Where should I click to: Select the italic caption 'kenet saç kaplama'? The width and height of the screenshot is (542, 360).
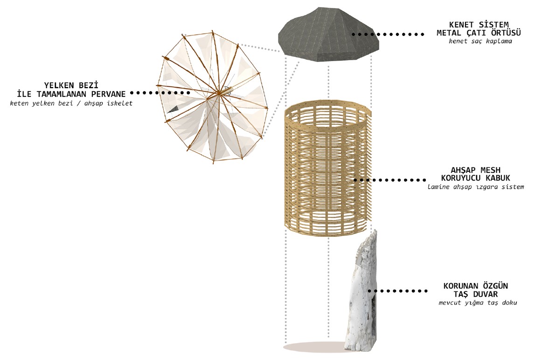(x=480, y=42)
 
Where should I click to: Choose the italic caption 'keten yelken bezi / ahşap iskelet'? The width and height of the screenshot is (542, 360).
(x=71, y=104)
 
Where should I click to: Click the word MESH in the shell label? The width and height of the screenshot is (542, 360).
(x=490, y=170)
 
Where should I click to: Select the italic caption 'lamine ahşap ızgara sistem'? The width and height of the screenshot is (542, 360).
(x=476, y=187)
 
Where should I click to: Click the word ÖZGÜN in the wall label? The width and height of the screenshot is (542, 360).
(x=496, y=286)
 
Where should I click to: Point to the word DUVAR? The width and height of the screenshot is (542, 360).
(x=486, y=294)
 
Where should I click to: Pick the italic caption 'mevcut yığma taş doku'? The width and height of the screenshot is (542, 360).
(x=478, y=303)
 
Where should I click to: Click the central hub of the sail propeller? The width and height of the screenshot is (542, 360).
(x=219, y=93)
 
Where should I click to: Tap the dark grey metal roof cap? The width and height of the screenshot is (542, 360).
(x=328, y=35)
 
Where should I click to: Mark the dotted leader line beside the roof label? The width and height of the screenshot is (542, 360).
(x=388, y=35)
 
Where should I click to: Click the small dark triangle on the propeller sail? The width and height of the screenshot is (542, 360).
(x=175, y=109)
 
